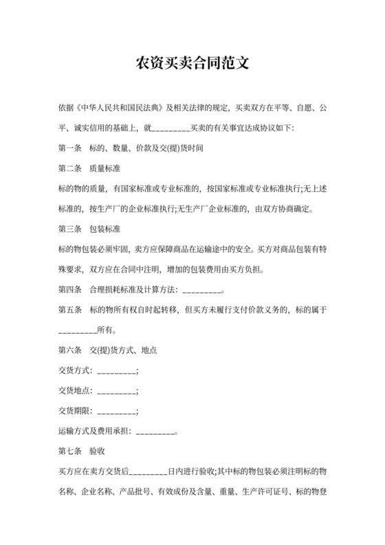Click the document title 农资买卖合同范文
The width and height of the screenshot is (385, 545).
[192, 63]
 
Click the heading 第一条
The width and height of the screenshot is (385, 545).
[70, 148]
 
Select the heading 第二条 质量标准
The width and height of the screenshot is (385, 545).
[90, 168]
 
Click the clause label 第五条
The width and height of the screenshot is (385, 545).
[70, 310]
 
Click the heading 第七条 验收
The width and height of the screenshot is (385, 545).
[82, 451]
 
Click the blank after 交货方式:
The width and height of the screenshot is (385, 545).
[118, 371]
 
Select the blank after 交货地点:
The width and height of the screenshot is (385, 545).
[118, 391]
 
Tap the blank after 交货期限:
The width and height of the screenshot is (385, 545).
[118, 412]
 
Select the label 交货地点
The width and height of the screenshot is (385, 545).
[75, 391]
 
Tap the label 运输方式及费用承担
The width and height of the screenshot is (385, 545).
[94, 431]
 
